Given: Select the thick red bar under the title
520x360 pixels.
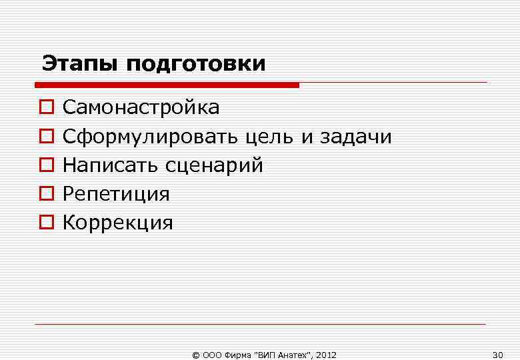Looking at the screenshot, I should (167, 85).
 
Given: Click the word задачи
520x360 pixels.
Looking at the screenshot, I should (356, 137).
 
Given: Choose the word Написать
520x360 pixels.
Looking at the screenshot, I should (111, 165).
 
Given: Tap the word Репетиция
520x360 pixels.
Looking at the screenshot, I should (116, 195).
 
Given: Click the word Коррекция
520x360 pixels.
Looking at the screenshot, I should (117, 223).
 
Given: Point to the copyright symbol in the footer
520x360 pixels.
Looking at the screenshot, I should (195, 355).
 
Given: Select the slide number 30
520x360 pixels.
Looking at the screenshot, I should (497, 354).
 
